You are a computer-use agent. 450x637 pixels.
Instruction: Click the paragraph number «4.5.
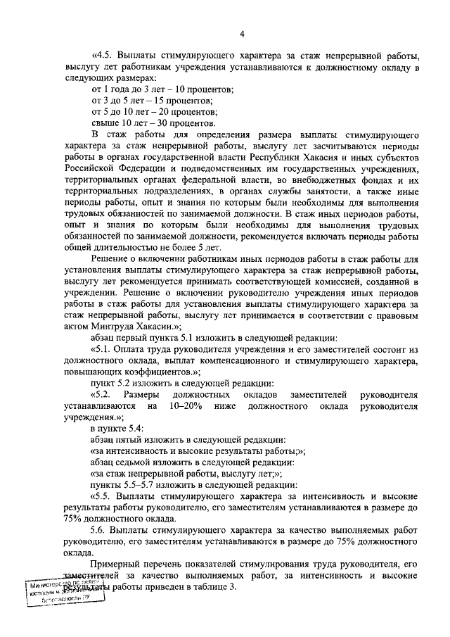point(103,56)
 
